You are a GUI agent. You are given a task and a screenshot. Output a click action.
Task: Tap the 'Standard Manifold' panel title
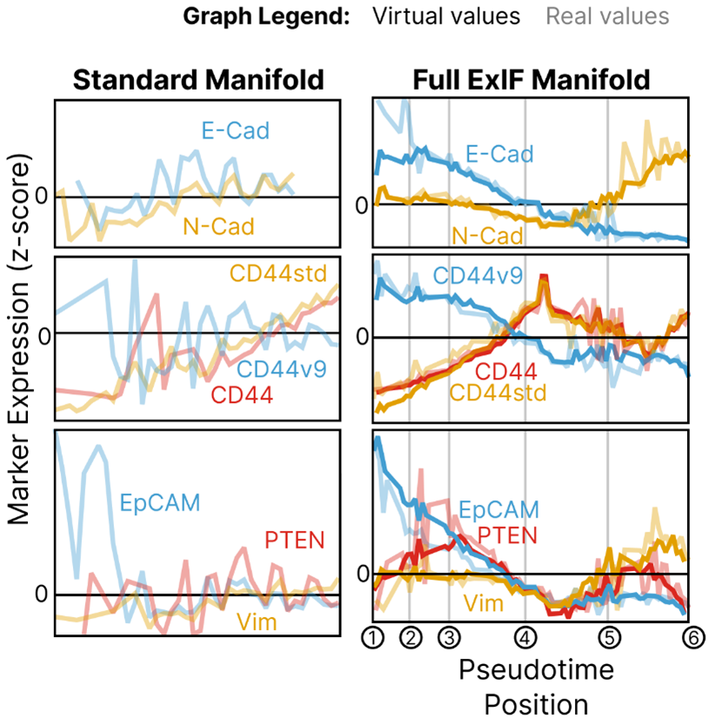(197, 80)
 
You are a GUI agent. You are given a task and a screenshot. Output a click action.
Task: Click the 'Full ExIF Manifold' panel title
(531, 80)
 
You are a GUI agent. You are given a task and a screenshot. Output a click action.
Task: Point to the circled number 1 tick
(373, 639)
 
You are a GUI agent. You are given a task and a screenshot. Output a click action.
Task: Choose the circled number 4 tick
(525, 639)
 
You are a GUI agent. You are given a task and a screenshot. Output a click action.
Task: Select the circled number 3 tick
(449, 639)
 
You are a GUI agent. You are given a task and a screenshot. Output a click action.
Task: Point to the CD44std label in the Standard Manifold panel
(277, 272)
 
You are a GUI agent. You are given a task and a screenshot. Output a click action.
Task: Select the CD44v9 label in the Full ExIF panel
(477, 277)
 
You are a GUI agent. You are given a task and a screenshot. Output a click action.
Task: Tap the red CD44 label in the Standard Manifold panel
(242, 395)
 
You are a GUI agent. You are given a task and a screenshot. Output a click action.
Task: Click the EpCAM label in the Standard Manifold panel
(160, 501)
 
